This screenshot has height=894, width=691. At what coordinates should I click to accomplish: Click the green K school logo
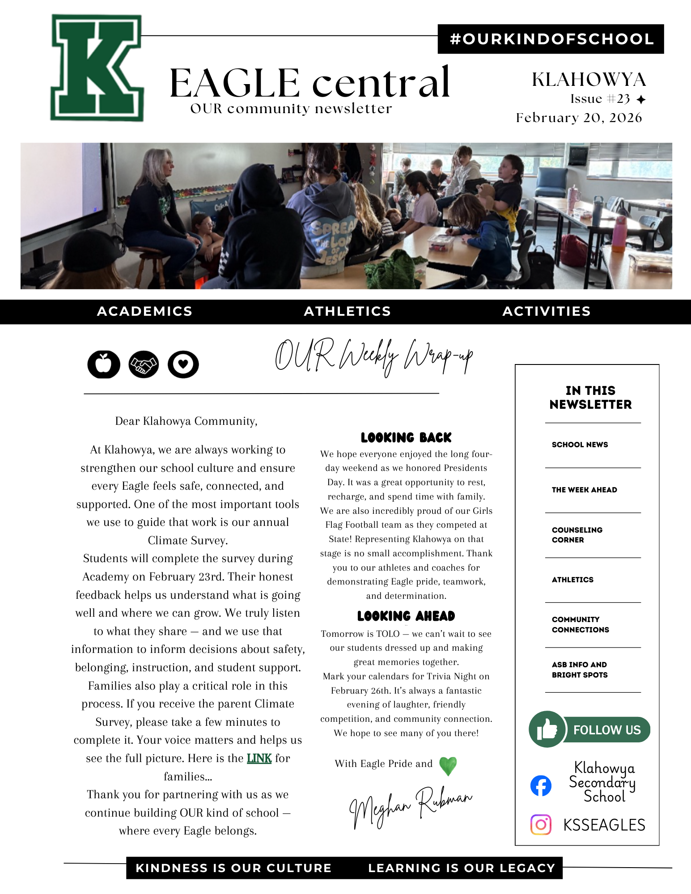coord(97,68)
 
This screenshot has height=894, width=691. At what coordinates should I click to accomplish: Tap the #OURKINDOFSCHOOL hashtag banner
coord(551,39)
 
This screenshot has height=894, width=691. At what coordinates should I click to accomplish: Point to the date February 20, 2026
coord(579,118)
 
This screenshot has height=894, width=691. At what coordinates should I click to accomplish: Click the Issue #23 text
coord(600,99)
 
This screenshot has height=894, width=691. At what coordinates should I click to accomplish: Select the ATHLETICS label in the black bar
coord(348,311)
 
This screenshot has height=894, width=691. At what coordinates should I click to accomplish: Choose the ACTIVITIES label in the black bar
coord(547,311)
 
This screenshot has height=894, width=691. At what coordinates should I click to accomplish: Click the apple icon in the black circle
coord(104,364)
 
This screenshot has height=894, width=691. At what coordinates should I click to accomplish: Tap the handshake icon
coord(144,364)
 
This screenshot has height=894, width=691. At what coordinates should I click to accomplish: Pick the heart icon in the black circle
coord(183,364)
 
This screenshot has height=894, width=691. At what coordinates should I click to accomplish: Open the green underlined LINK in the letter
coord(259,758)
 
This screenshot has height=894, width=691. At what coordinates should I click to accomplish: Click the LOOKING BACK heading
coord(406,437)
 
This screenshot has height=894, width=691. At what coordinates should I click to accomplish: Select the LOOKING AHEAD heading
coord(406,616)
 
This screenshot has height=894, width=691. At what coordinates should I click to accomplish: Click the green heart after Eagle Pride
coord(448,766)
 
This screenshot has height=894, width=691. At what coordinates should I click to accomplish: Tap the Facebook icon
coord(541,786)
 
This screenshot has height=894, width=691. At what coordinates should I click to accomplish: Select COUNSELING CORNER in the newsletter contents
coord(577,535)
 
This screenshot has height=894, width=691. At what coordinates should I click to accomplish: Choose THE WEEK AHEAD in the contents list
coord(584,490)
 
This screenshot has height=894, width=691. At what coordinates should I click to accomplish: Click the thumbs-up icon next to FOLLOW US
coord(547,729)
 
